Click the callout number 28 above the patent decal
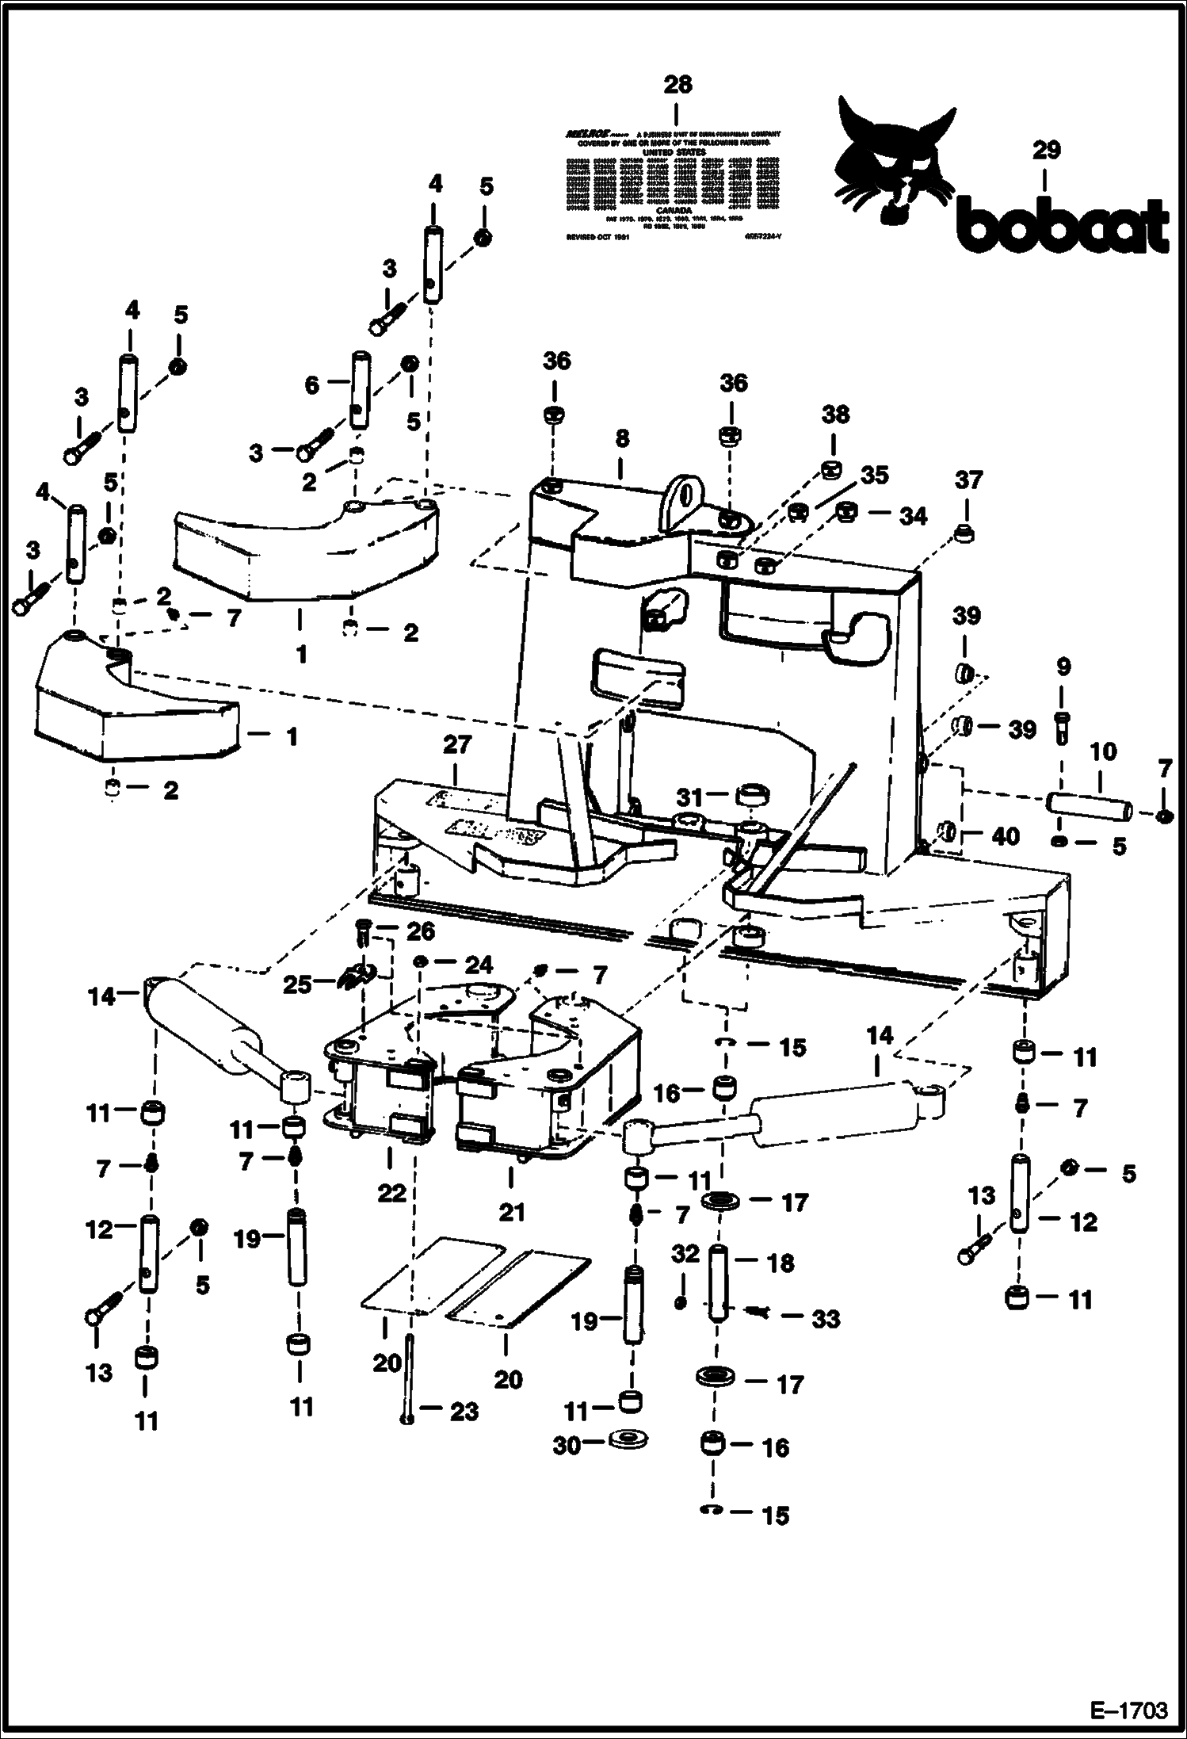click(x=677, y=84)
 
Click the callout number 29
click(x=1046, y=151)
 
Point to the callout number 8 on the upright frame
click(x=622, y=438)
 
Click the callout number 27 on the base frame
click(x=457, y=745)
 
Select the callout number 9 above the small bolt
click(x=1063, y=667)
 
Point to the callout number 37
click(x=968, y=480)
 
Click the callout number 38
click(x=835, y=415)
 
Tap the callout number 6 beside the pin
click(x=312, y=385)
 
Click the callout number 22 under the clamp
click(x=391, y=1193)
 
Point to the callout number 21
click(x=512, y=1212)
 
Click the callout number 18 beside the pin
click(x=781, y=1263)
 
